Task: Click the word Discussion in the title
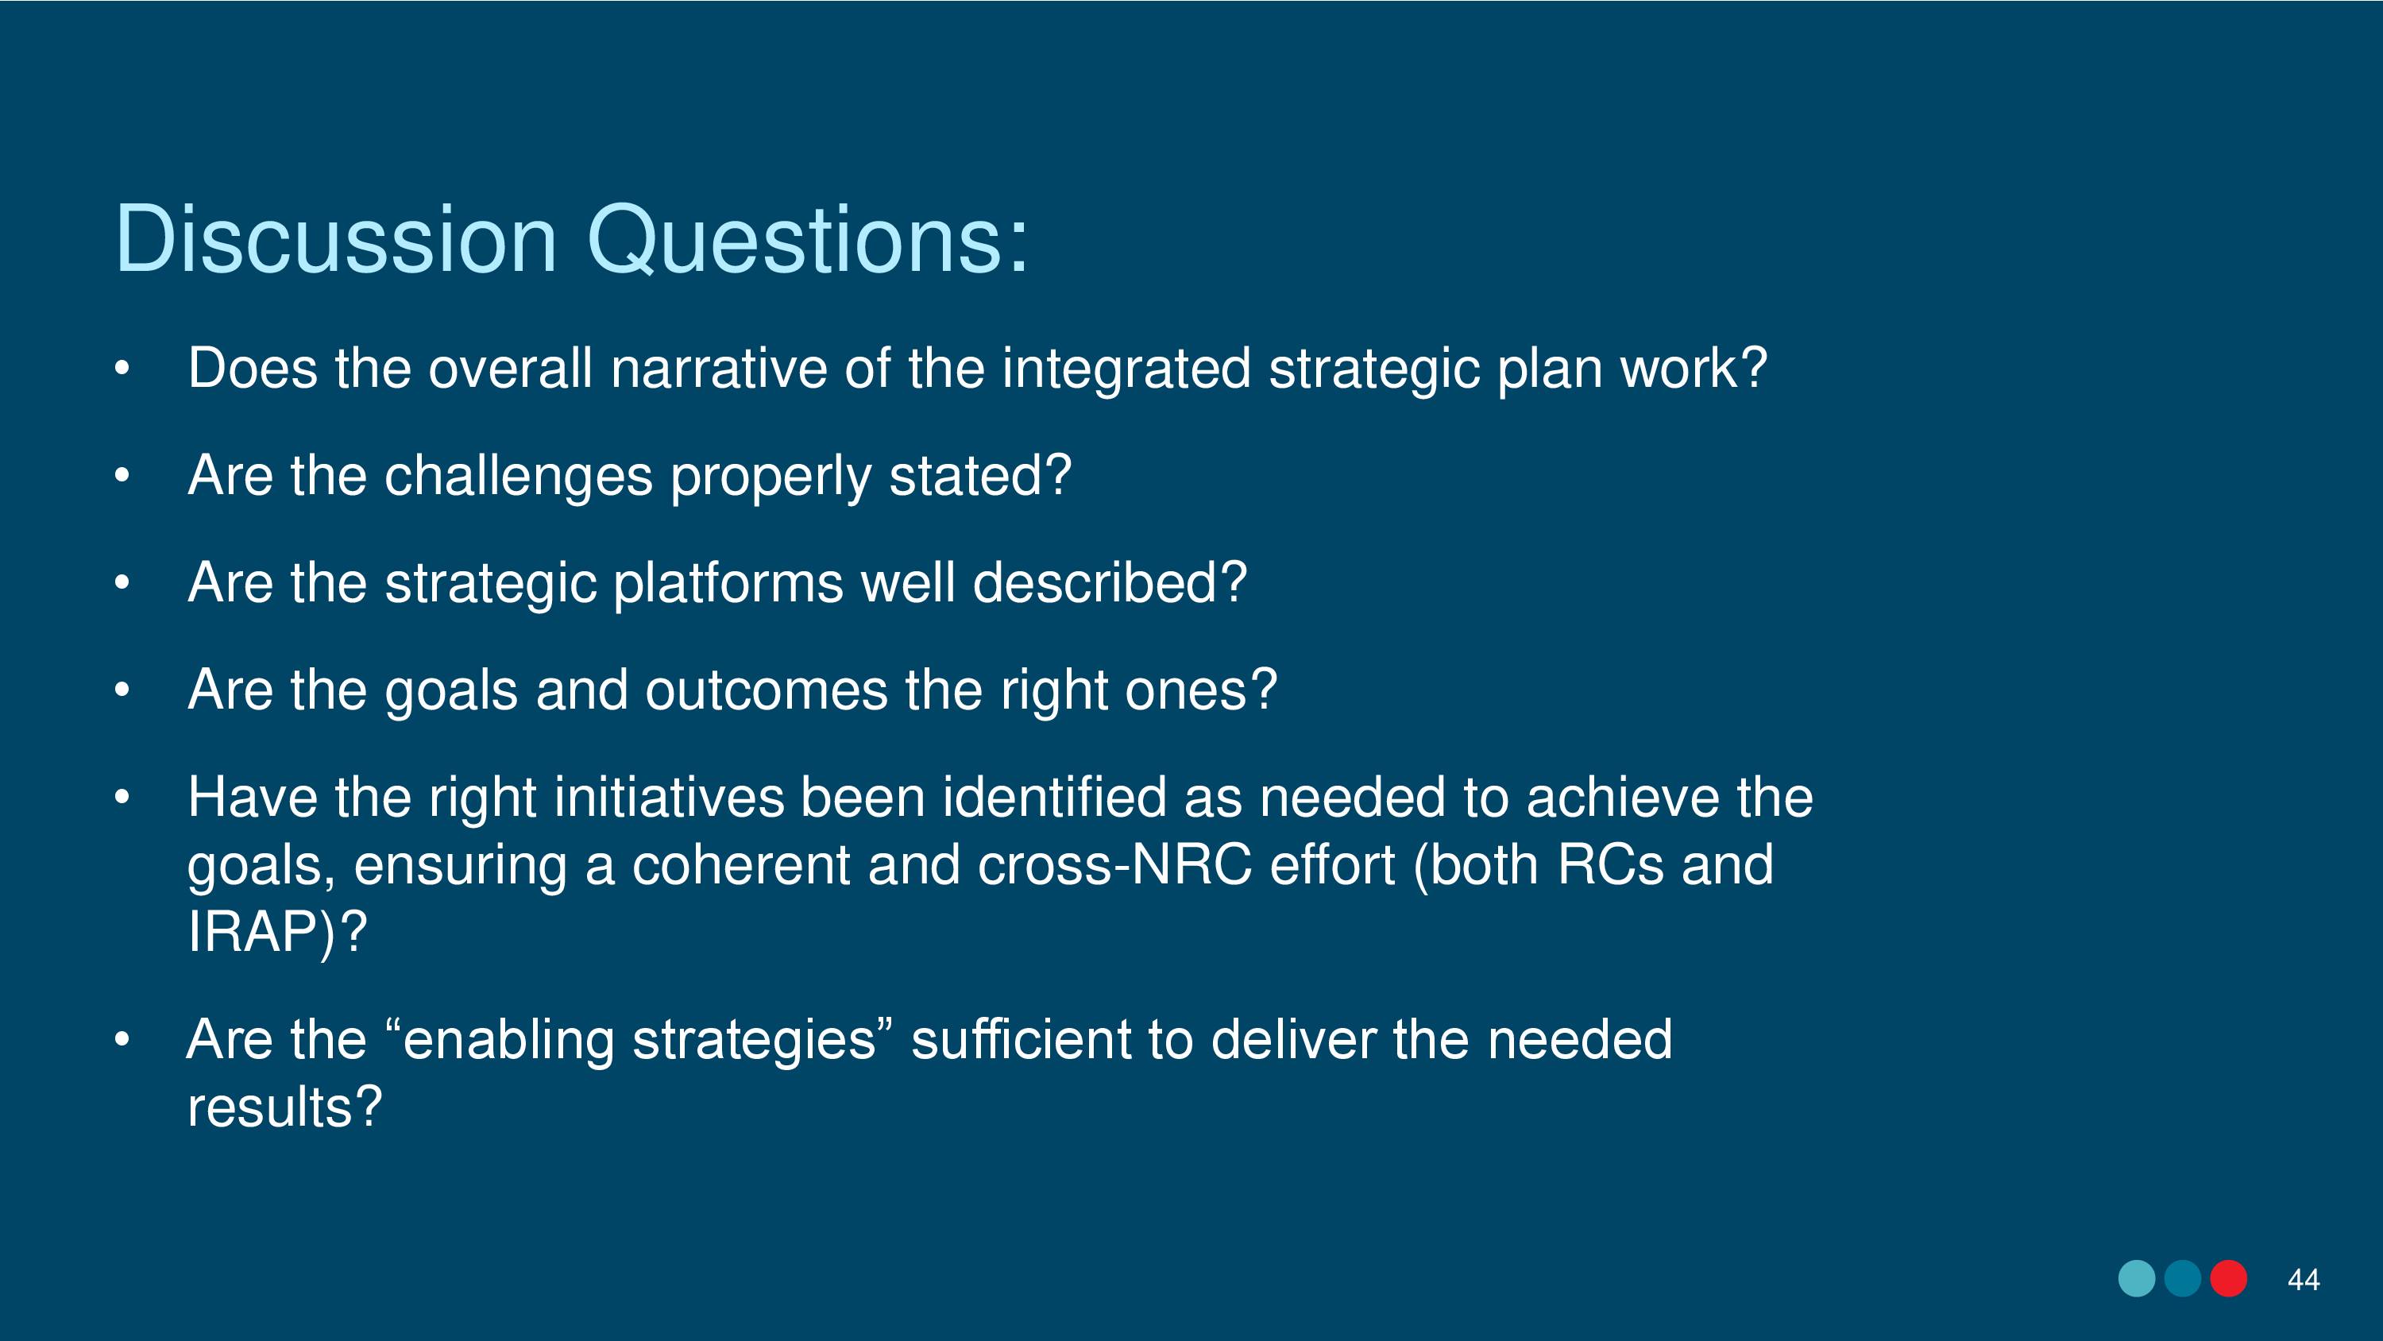(x=336, y=239)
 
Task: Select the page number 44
(x=2303, y=1280)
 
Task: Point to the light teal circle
(x=2137, y=1278)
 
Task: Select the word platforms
(x=728, y=584)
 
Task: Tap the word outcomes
(x=766, y=690)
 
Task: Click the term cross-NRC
(x=1114, y=865)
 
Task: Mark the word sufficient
(x=1021, y=1039)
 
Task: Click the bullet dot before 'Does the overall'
(x=122, y=369)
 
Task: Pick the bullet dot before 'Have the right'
(x=122, y=797)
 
